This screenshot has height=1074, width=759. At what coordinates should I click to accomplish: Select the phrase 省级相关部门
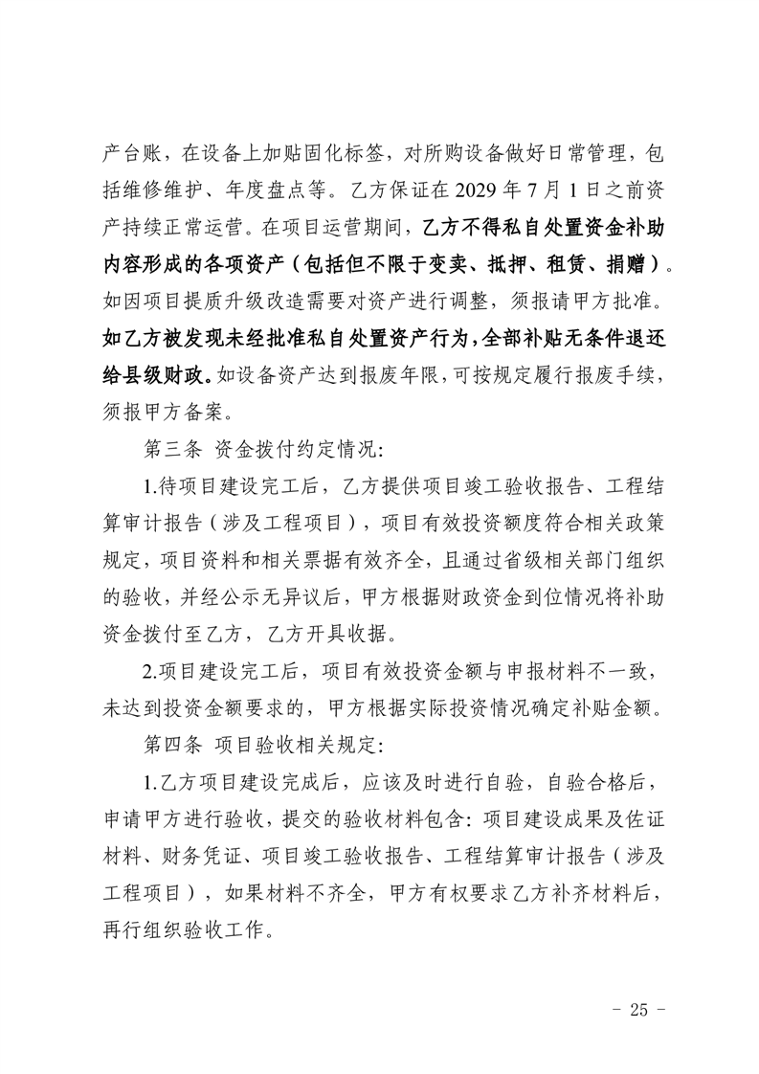point(525,557)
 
